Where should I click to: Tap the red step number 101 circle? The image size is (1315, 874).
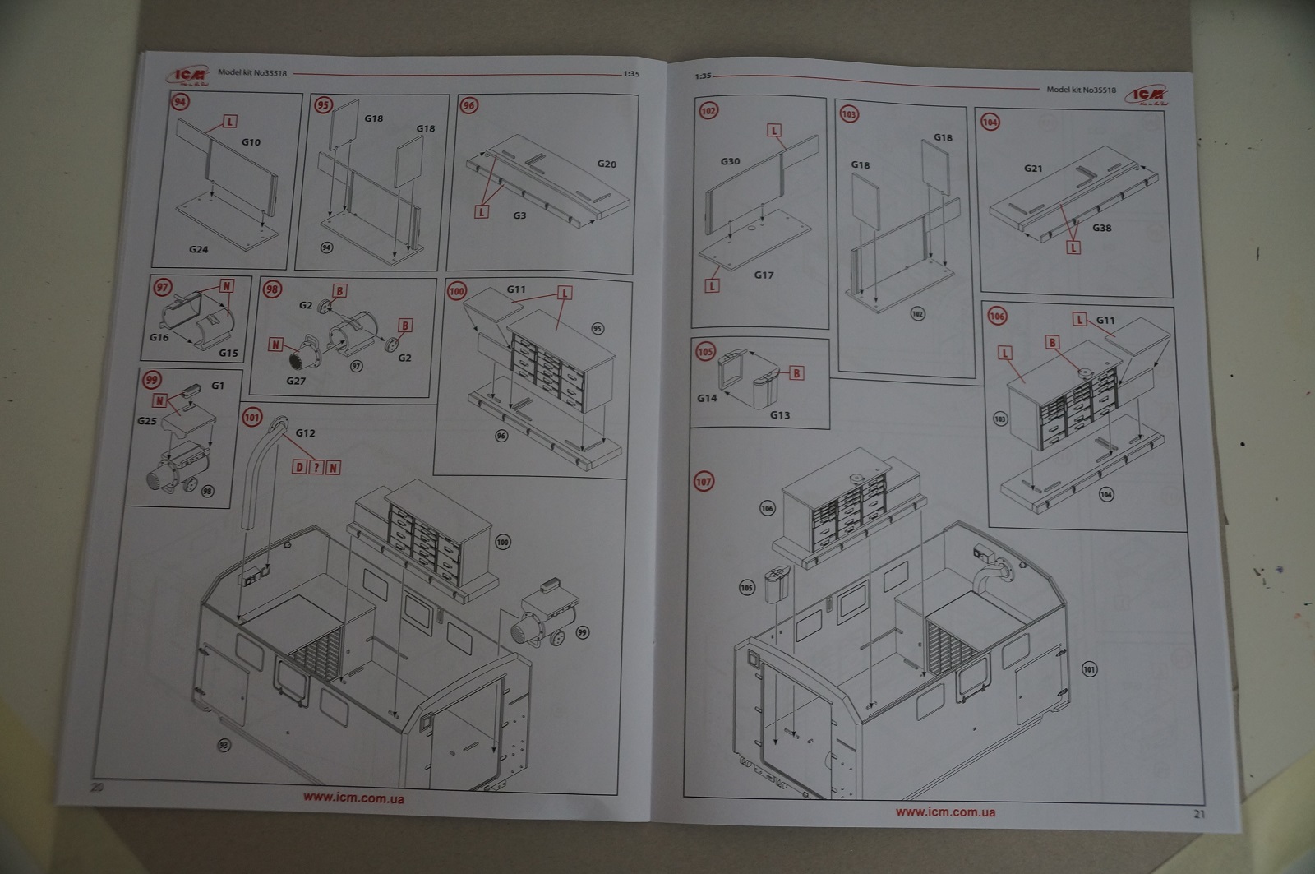tap(251, 418)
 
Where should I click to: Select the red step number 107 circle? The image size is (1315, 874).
tap(704, 481)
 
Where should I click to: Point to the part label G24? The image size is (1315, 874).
tap(198, 249)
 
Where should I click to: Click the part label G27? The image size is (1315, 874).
tap(296, 380)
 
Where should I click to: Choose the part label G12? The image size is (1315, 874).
tap(305, 433)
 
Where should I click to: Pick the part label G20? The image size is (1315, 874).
tap(607, 164)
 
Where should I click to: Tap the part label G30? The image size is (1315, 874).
tap(730, 161)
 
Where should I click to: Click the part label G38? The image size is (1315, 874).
tap(1101, 228)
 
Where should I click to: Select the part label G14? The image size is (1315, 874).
tap(707, 398)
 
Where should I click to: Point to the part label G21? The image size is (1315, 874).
tap(1033, 169)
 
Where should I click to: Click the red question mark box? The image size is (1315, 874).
tap(316, 467)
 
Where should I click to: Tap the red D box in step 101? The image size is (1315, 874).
tap(300, 467)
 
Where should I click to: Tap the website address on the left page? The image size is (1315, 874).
tap(353, 797)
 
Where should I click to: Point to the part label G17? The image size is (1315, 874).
tap(764, 275)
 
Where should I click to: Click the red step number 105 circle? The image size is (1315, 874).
tap(705, 352)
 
